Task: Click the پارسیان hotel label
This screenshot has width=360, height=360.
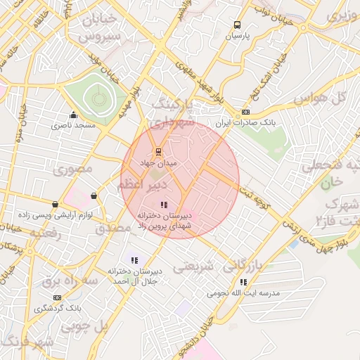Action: pos(238,34)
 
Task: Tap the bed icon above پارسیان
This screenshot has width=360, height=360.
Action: pos(238,25)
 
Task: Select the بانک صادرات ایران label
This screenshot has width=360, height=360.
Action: pos(245,122)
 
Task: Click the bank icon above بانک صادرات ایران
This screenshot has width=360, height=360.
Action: pos(245,112)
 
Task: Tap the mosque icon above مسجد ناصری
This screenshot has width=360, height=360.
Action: pos(72,115)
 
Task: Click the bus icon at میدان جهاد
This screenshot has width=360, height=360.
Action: pos(157,152)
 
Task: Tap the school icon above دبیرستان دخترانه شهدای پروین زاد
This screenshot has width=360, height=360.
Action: pos(164,205)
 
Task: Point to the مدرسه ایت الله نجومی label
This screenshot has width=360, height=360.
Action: pos(243,292)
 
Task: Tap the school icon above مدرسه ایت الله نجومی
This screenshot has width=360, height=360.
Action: pos(243,282)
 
